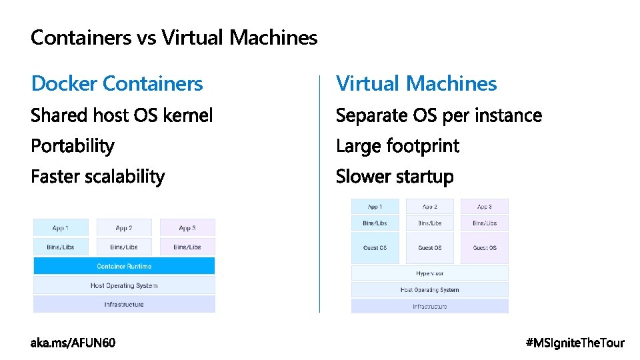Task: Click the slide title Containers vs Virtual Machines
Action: pos(174,37)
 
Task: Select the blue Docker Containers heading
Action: pos(117,83)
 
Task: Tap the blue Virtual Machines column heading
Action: pos(416,83)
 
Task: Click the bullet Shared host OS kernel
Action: pos(122,115)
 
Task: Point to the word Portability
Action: pos(73,146)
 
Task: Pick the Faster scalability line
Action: pos(98,177)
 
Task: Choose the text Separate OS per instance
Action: pos(439,115)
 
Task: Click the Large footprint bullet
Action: pos(397,146)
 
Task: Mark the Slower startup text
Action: pos(395,177)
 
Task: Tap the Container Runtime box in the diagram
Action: pos(124,266)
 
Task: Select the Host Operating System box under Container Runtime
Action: pos(124,285)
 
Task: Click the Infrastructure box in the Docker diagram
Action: pos(124,304)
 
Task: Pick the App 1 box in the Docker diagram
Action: pos(60,227)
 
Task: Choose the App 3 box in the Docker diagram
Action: pos(187,227)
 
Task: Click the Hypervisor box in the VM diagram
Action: pos(429,273)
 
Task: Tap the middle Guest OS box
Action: pos(429,247)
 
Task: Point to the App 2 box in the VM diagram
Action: pos(429,207)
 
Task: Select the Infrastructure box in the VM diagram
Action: pos(429,306)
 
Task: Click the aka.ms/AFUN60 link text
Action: pos(73,343)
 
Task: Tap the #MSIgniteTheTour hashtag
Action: pos(575,343)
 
